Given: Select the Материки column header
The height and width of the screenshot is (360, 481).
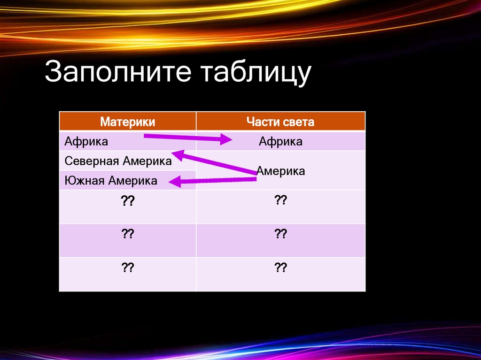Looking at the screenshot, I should [127, 123].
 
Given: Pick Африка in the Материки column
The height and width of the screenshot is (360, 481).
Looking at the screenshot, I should [86, 141].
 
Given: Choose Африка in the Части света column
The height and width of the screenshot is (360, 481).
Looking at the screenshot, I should [280, 142].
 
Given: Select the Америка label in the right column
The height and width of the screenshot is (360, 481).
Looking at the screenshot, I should [281, 171].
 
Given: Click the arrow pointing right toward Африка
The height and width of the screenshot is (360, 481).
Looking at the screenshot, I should [188, 138].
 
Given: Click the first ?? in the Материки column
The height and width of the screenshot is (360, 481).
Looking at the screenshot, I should [128, 201].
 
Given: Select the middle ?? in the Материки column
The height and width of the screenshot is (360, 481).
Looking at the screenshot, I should [128, 234].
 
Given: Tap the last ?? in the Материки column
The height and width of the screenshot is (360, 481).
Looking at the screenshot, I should [128, 268].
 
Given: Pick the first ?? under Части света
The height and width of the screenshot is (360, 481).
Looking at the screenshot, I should [280, 201].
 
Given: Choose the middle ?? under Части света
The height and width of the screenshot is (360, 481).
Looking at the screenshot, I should [280, 234].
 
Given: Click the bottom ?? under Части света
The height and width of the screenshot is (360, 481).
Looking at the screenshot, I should [280, 268].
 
